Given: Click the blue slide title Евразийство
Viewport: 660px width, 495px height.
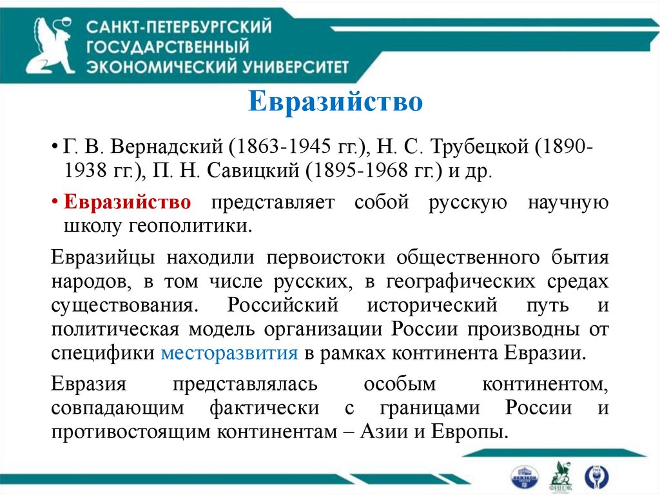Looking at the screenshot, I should click(335, 102).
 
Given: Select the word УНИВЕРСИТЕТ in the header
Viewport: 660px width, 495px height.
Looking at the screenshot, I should click(298, 66).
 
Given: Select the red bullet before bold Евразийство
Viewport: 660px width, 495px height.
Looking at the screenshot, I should click(55, 202).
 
